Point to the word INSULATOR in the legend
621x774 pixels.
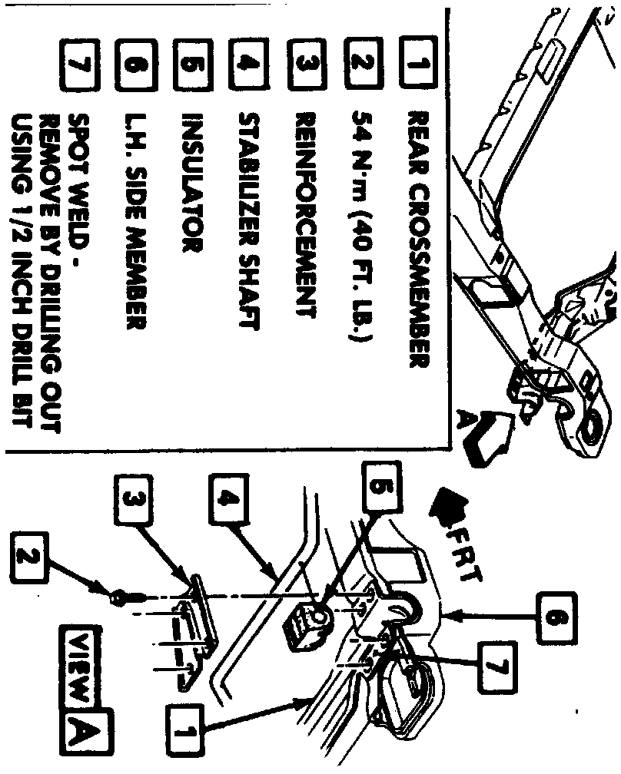click(190, 184)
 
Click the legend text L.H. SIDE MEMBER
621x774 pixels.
click(132, 223)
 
